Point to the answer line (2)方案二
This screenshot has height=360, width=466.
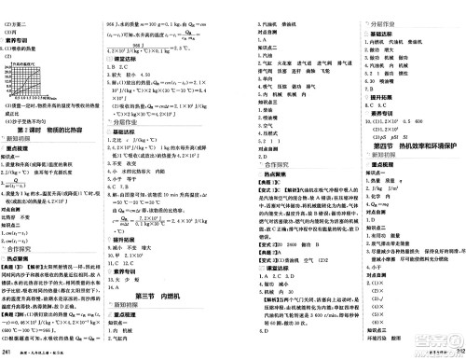(22, 7)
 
